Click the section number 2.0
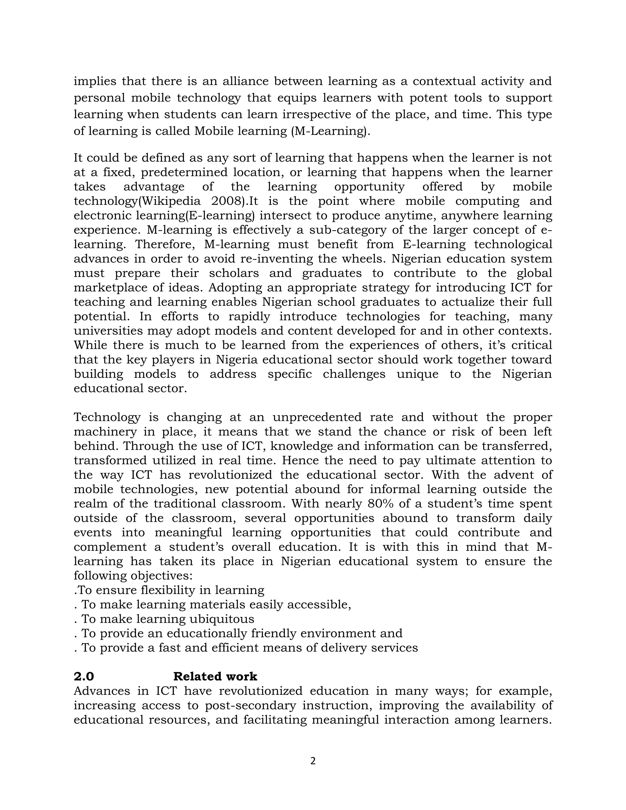[x=84, y=676]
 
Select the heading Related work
[x=215, y=676]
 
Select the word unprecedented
[x=317, y=417]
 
